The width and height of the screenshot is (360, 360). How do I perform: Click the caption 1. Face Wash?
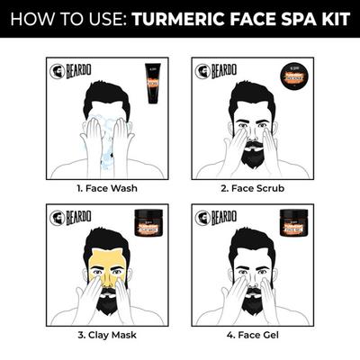coord(106,188)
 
